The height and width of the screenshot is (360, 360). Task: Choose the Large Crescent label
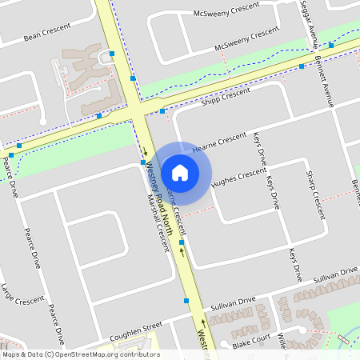click(x=22, y=293)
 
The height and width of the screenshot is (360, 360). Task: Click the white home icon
click(x=180, y=172)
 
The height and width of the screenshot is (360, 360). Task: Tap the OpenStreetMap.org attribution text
click(x=80, y=354)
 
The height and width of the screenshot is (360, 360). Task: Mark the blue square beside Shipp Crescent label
click(x=162, y=111)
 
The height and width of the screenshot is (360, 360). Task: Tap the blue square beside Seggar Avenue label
click(x=331, y=46)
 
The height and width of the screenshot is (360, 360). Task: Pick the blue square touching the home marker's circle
click(x=143, y=162)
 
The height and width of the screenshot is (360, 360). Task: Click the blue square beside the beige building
click(x=112, y=53)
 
